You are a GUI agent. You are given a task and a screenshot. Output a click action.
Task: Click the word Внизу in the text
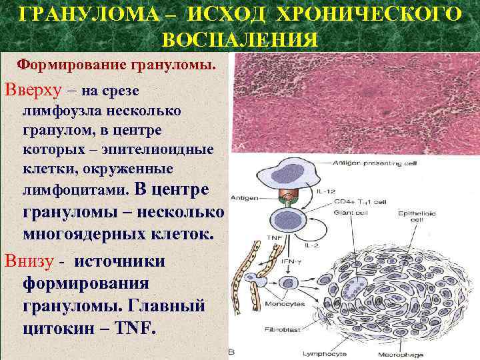point(29,261)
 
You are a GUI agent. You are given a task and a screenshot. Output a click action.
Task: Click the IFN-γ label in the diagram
point(289,263)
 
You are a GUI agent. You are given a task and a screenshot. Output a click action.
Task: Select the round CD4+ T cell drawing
point(288,219)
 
